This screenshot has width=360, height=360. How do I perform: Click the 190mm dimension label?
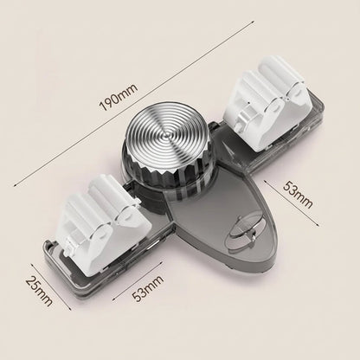point(119,97)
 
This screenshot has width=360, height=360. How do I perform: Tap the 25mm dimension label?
point(39,291)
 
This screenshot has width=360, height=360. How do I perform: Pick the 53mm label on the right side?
point(298,194)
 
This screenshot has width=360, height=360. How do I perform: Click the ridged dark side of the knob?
point(164,178)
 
